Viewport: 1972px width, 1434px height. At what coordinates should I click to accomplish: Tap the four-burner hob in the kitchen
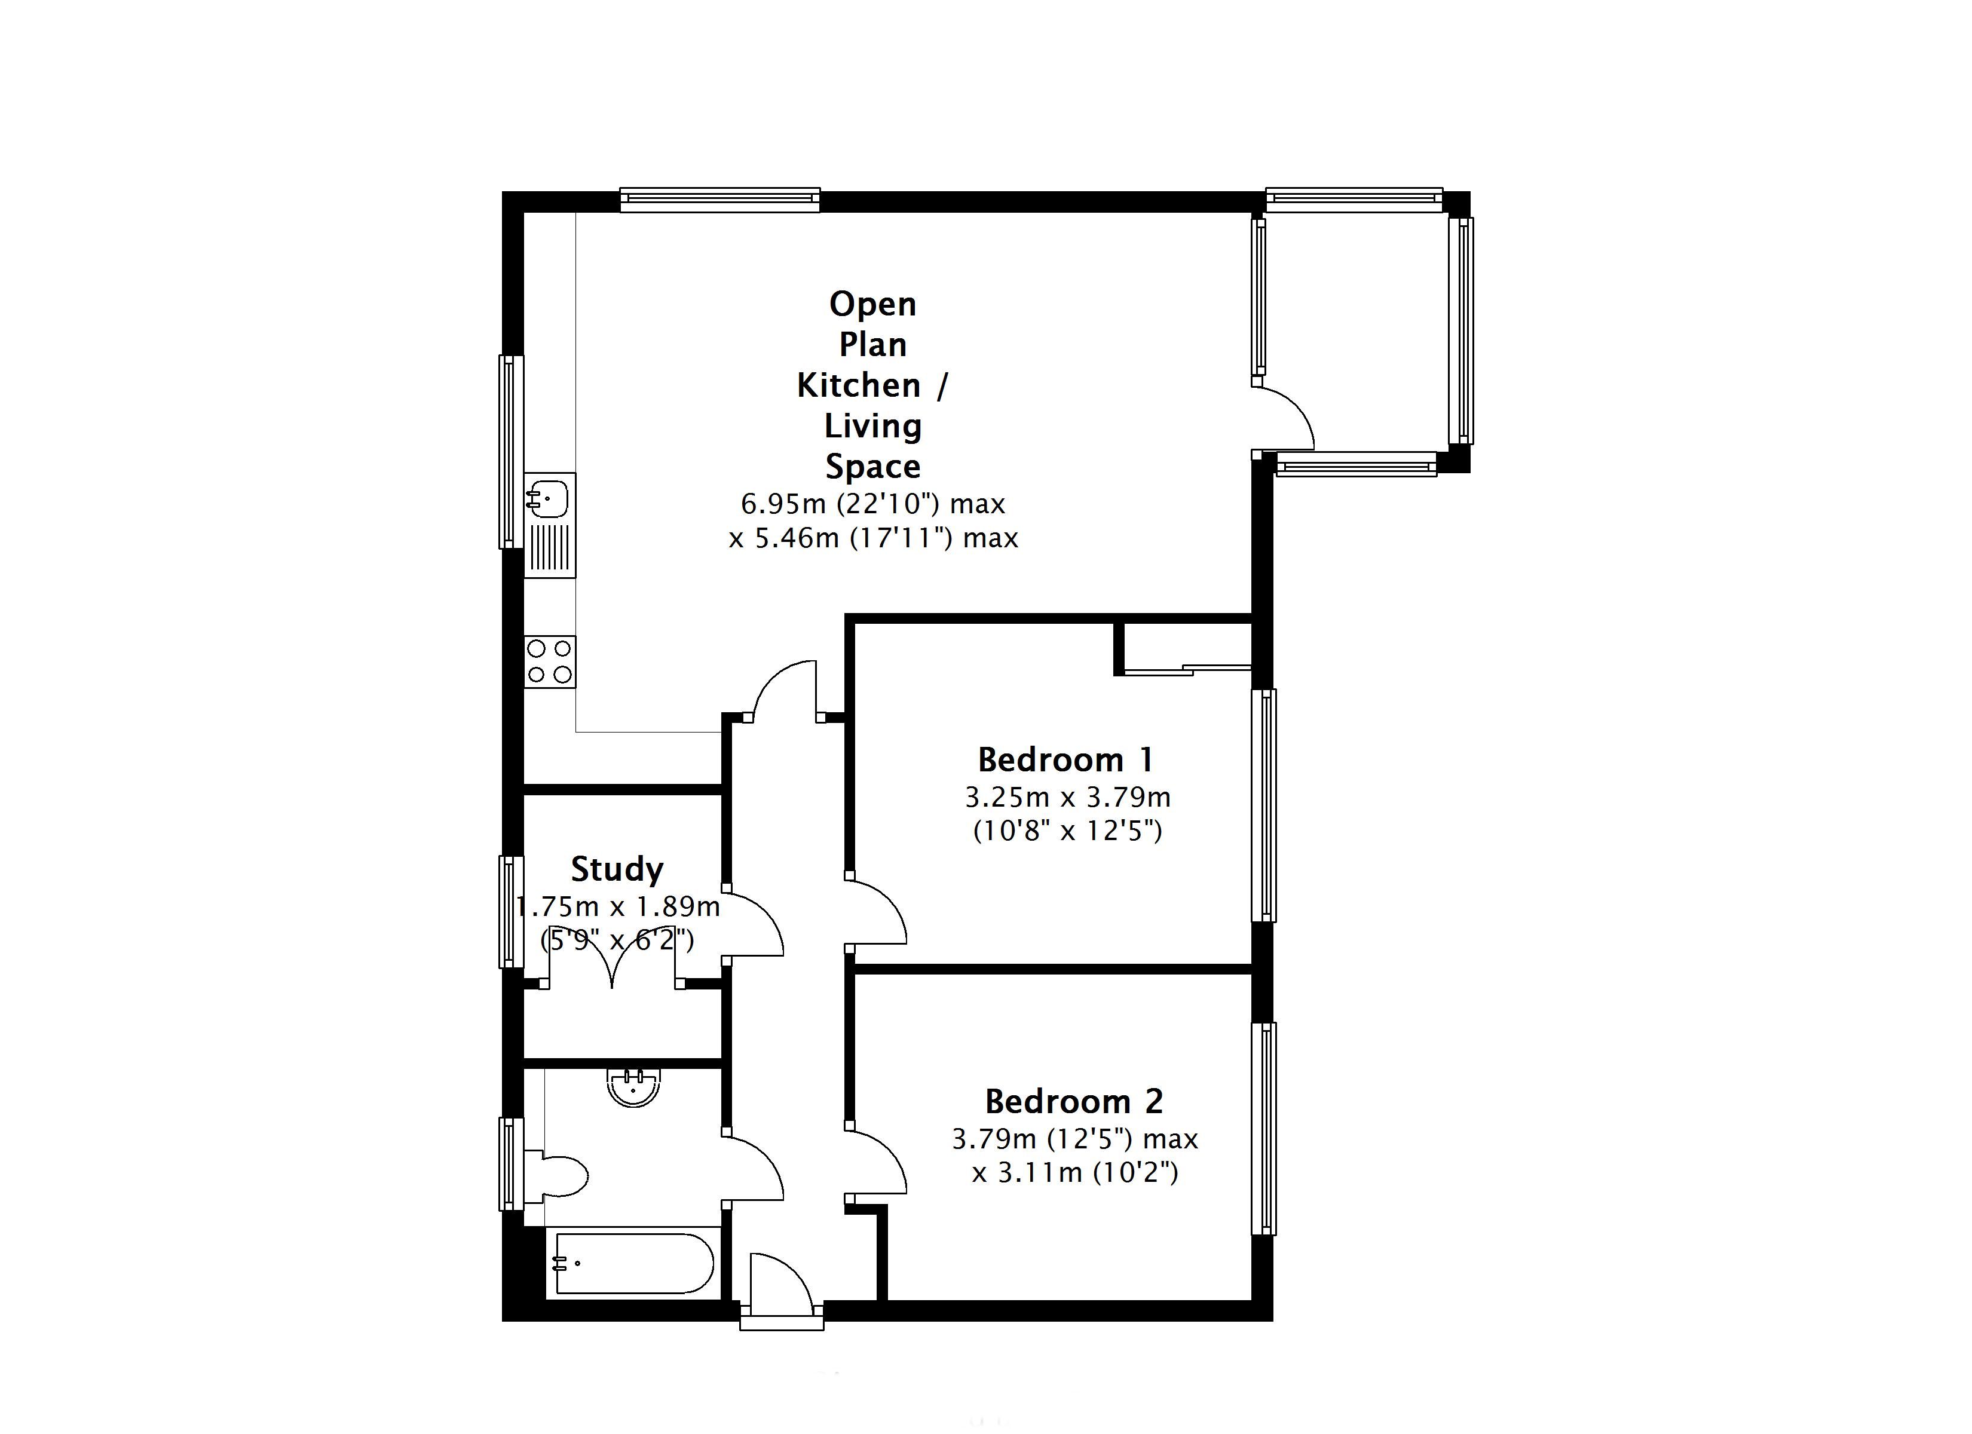pos(550,662)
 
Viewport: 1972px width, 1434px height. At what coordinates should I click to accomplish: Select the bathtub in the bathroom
pos(634,1264)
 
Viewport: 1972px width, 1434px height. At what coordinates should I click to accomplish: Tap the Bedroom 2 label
pos(1074,1102)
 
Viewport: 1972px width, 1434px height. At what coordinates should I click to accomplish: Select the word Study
pos(617,869)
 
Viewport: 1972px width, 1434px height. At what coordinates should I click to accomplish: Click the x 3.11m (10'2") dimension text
pos(1074,1173)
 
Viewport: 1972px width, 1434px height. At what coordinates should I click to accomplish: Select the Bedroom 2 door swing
pos(877,1161)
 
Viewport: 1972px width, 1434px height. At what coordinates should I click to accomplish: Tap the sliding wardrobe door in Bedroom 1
pos(1187,669)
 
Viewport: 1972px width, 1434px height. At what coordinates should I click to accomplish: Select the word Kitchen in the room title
pos(858,385)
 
